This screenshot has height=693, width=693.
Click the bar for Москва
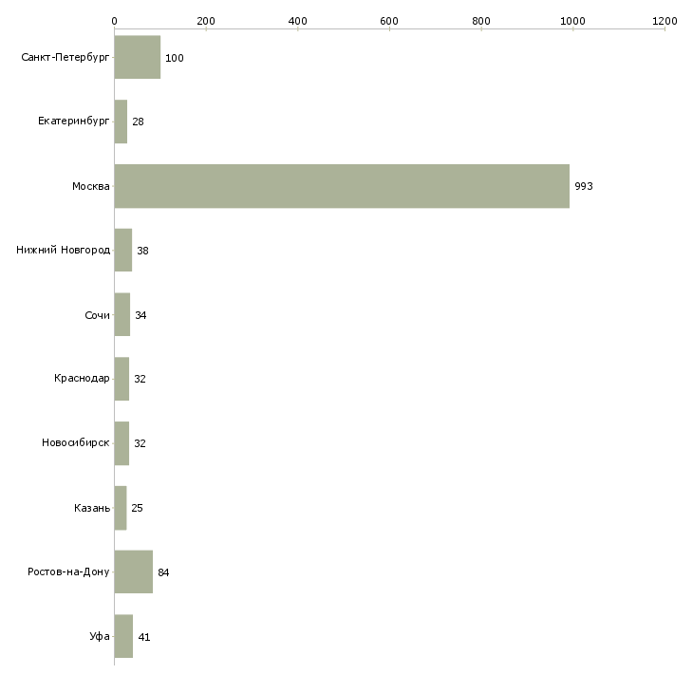(x=342, y=186)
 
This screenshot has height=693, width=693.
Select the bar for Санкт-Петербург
(x=137, y=58)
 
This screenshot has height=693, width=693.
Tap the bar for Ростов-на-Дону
(x=133, y=572)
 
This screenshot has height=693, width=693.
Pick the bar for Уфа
(x=123, y=637)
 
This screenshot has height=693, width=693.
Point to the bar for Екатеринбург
(x=121, y=122)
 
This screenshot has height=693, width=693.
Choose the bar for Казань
(x=120, y=508)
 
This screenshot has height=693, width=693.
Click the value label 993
(x=583, y=187)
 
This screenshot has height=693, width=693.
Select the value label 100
(x=174, y=59)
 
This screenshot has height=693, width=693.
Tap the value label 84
(x=163, y=573)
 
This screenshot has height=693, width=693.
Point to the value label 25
(x=137, y=509)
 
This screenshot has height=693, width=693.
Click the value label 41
(x=143, y=637)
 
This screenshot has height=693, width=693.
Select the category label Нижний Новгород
(x=63, y=251)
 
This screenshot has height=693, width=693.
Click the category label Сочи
(x=97, y=315)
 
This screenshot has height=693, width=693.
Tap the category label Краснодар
(x=82, y=379)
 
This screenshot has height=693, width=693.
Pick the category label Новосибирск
(x=75, y=443)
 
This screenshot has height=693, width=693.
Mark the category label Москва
(x=91, y=186)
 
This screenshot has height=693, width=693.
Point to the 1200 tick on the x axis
(x=665, y=20)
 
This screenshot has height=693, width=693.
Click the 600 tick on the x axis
(x=389, y=20)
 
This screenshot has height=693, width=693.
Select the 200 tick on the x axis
(x=206, y=20)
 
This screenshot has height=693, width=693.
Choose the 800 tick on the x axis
(x=481, y=20)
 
